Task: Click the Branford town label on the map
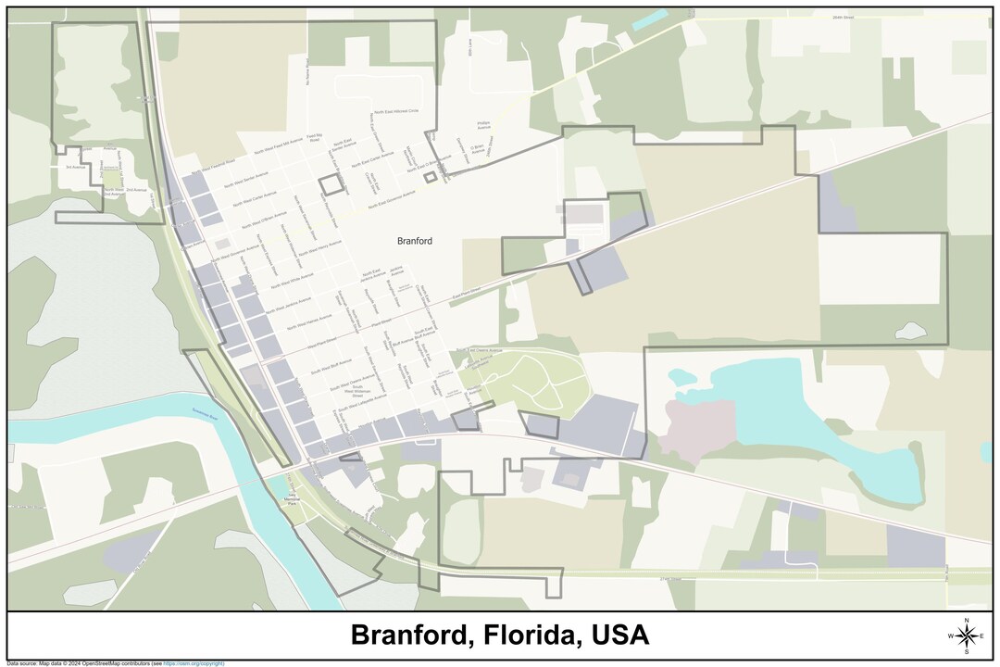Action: click(x=414, y=241)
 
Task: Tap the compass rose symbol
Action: click(x=967, y=636)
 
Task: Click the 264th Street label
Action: click(x=841, y=18)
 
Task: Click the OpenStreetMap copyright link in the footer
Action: click(x=194, y=663)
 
